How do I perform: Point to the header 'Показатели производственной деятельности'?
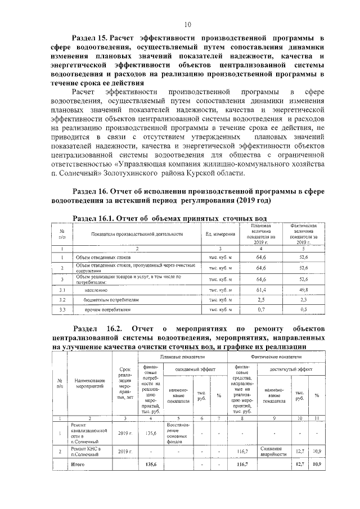click(137, 234)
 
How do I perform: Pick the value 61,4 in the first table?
click(260, 290)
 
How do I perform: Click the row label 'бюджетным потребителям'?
click(107, 300)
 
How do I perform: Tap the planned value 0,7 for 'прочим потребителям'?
click(260, 310)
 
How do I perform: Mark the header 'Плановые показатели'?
click(182, 357)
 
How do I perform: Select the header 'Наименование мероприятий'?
click(88, 388)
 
